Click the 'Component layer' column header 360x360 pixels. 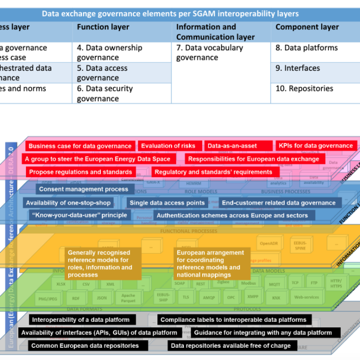coord(307,27)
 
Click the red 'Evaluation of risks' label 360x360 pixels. coord(168,146)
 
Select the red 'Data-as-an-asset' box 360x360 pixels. coord(232,146)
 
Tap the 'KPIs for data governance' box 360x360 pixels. coord(315,146)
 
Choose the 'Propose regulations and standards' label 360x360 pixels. coord(80,172)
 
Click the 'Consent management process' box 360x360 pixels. coord(83,189)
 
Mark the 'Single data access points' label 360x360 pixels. coord(167,203)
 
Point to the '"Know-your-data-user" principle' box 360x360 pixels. coord(79,215)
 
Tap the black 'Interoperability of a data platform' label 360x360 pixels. coord(81,320)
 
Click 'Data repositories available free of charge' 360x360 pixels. coord(230,346)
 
